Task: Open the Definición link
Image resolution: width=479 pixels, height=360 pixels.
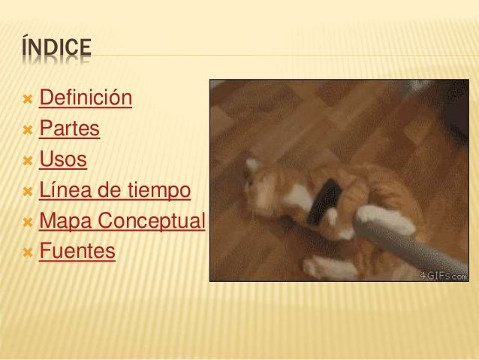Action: click(86, 99)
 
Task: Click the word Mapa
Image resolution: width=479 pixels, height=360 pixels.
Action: click(64, 222)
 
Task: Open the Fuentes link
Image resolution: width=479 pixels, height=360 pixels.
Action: click(77, 251)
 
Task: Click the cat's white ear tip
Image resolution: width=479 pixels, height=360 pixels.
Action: click(253, 163)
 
